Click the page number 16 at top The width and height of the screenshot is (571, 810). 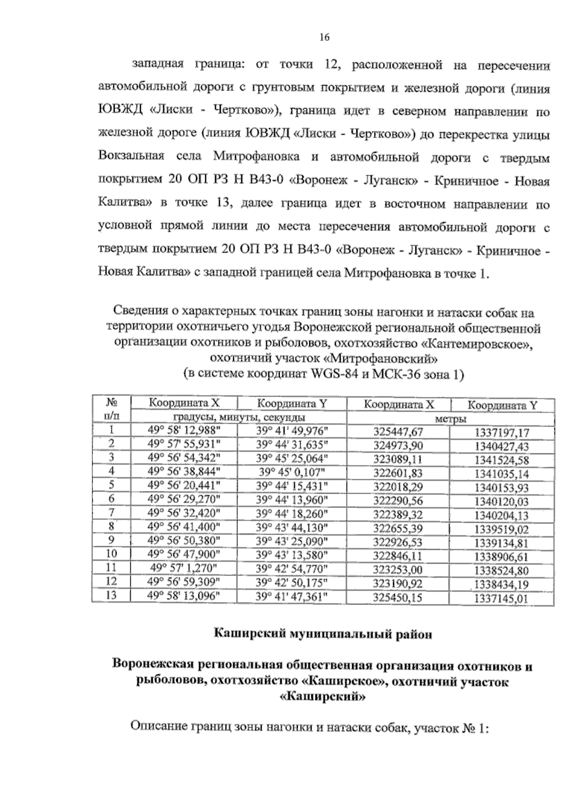tap(325, 38)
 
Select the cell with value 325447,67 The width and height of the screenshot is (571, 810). tap(398, 432)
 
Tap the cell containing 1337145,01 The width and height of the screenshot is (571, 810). tap(502, 598)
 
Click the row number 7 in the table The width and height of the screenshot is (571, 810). tap(111, 513)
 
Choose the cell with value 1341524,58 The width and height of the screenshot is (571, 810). tap(502, 460)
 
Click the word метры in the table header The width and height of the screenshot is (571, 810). tap(450, 419)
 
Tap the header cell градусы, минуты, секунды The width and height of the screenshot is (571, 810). tap(238, 417)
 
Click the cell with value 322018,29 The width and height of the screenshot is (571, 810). tap(398, 487)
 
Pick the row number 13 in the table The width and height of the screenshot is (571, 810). tap(111, 595)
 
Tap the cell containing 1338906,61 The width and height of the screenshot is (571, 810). tap(502, 556)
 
